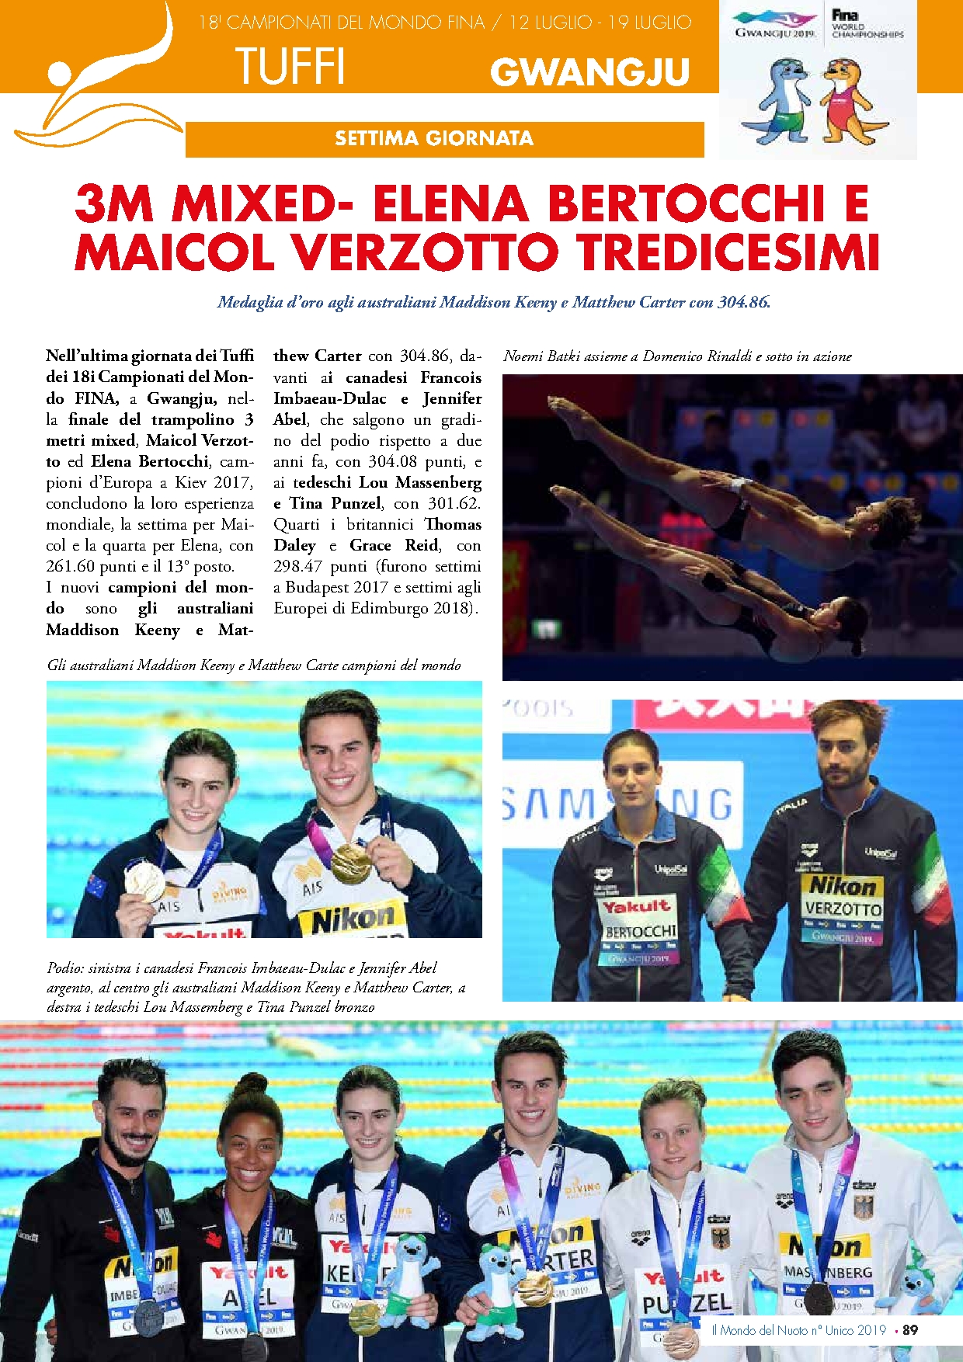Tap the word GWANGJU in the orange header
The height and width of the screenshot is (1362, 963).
click(x=589, y=72)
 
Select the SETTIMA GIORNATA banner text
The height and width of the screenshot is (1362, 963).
click(x=434, y=139)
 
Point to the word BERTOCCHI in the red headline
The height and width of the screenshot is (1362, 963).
click(x=685, y=203)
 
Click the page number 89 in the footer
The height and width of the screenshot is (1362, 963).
click(x=910, y=1330)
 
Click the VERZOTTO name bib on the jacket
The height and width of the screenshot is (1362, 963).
click(x=843, y=909)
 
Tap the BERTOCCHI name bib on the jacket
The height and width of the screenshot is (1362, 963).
click(x=641, y=930)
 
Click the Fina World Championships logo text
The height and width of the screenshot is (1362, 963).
click(x=866, y=25)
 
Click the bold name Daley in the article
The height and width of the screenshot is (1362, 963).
click(x=294, y=546)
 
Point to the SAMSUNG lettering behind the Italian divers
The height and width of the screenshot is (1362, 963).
click(x=614, y=804)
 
